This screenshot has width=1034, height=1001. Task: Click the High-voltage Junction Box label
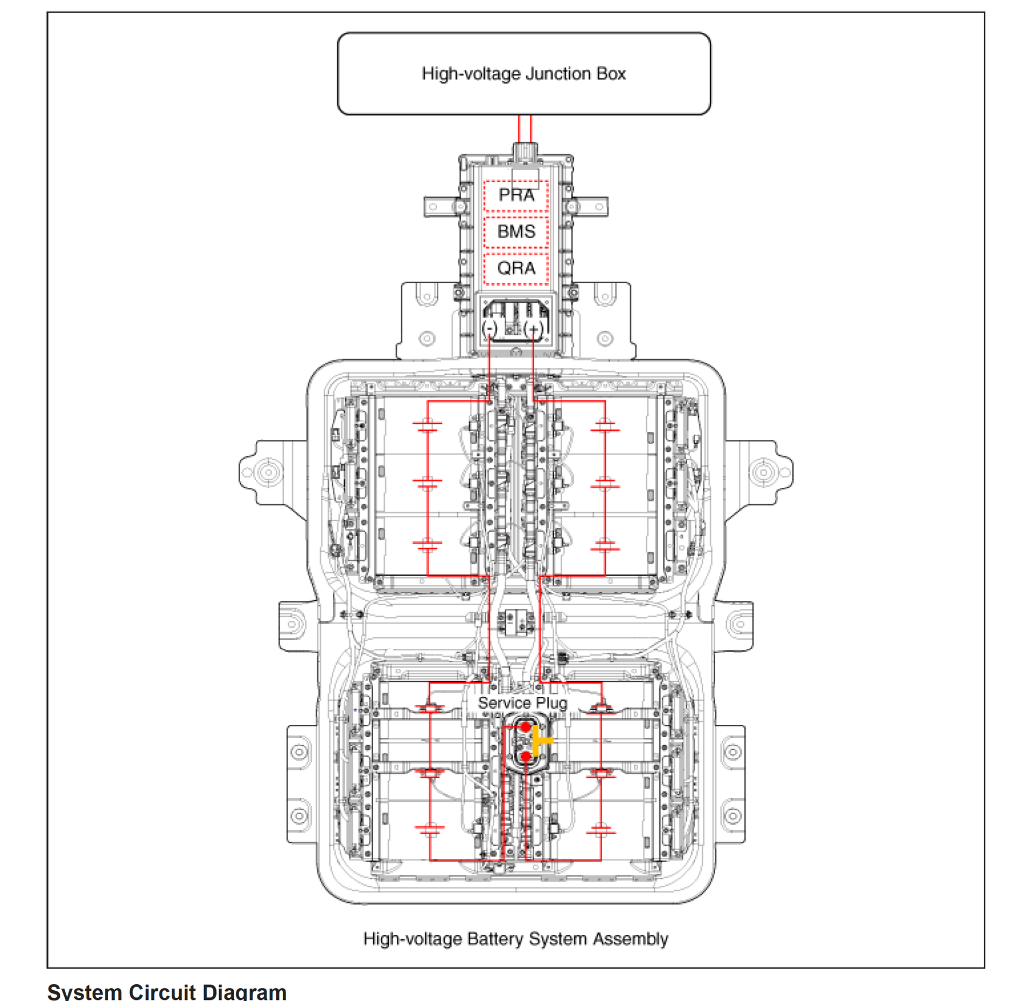[x=523, y=73]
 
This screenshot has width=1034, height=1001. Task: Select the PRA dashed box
[x=516, y=195]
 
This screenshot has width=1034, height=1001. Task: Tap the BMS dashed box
[x=516, y=232]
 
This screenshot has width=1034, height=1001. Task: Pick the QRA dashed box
[x=516, y=268]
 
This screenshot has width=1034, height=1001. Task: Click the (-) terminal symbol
[x=489, y=328]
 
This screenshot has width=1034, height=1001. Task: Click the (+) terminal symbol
[x=533, y=328]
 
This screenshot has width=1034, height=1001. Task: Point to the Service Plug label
[x=522, y=703]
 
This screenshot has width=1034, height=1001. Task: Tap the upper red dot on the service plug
[x=526, y=727]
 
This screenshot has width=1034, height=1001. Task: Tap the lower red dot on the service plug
[x=526, y=757]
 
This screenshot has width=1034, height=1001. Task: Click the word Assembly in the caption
[x=631, y=939]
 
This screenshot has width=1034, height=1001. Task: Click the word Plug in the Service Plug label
[x=551, y=703]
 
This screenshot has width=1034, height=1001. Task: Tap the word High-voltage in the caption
[x=413, y=939]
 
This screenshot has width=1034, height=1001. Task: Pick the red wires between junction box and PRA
[x=525, y=129]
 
